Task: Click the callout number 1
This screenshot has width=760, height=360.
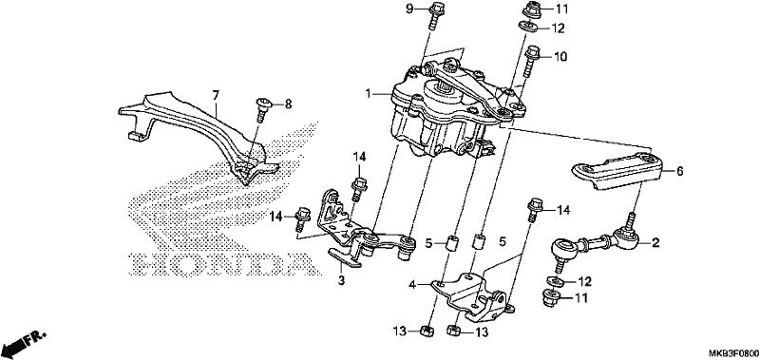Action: pos(369,93)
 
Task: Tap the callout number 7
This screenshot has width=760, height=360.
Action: pos(216,94)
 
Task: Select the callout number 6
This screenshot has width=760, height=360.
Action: pos(679,171)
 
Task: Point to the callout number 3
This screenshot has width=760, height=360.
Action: pos(341,280)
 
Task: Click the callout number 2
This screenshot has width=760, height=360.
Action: pos(655,243)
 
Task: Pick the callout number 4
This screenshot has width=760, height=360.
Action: pos(412,285)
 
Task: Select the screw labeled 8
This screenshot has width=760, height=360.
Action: pos(263,109)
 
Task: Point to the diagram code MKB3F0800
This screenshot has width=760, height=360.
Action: pos(734,352)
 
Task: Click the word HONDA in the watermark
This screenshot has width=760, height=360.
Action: pos(220,266)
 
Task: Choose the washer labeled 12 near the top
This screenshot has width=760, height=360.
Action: pos(529,28)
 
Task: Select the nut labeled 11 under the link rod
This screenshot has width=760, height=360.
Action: pos(551,297)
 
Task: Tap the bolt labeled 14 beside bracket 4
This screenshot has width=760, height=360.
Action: pos(534,209)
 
